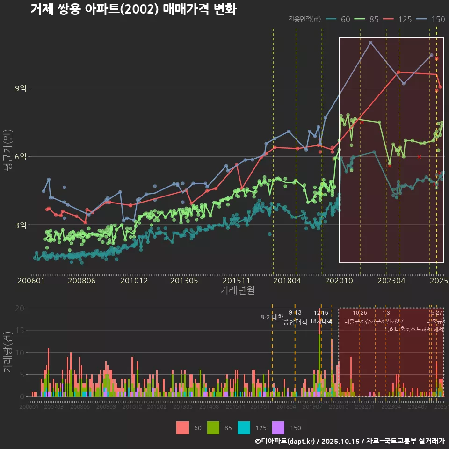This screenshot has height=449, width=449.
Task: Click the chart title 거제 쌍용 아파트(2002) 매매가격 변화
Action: point(133,9)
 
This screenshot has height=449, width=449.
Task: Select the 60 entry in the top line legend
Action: point(340,19)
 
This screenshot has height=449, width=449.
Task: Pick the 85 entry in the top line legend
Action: point(368,19)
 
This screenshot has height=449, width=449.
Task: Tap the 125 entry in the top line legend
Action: point(398,19)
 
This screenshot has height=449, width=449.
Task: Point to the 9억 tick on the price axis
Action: point(21,88)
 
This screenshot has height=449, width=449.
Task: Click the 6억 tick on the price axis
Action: point(21,157)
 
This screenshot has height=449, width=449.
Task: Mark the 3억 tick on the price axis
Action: point(21,225)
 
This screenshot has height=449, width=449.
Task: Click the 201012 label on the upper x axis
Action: point(134,281)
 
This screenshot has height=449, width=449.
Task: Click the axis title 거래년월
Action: point(237,290)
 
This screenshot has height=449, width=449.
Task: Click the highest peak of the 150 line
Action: point(370,43)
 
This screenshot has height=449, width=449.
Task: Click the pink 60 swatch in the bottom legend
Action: point(182,427)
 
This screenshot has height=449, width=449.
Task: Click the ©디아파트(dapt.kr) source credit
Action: point(286,441)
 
